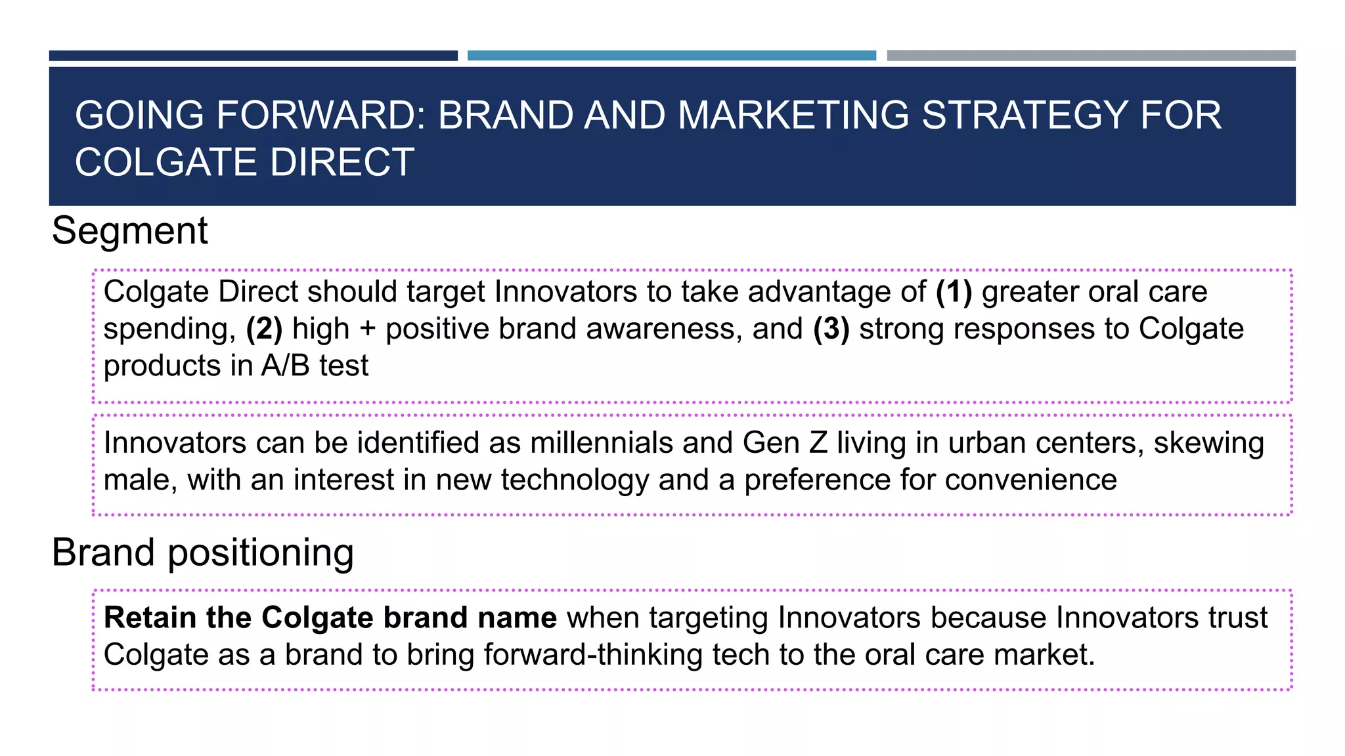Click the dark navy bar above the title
click(253, 56)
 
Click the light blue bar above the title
click(671, 56)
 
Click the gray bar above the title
click(1091, 56)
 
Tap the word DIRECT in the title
click(342, 162)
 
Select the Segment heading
click(129, 231)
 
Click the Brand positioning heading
click(202, 553)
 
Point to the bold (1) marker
click(954, 292)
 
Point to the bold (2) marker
click(264, 329)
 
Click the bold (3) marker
click(831, 329)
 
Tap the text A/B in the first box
click(285, 366)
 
